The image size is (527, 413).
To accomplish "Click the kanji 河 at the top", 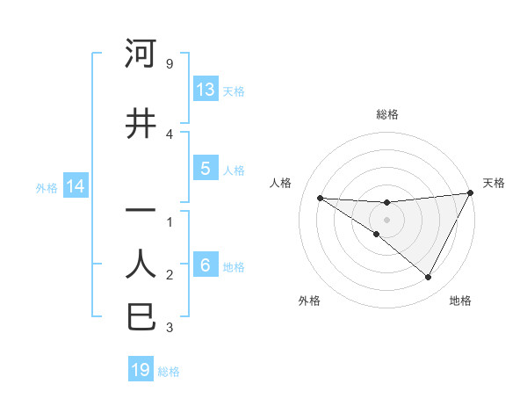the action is pos(141,54).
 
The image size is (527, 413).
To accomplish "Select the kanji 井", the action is pos(141,124).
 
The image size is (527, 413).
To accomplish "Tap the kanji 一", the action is pos(141,212).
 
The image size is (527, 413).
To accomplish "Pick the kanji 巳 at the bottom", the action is pos(141,317).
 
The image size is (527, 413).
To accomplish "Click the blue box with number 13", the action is pos(206,90).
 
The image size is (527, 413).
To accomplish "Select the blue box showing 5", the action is pos(206,169).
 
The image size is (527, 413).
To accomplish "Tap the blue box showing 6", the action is pos(206,265).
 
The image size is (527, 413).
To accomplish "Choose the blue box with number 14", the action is pos(75,186).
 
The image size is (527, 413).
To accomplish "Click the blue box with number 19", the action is pos(141,370).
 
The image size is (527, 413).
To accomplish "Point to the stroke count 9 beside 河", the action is pos(169,64).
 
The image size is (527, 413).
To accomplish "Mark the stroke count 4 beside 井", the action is pos(169,134).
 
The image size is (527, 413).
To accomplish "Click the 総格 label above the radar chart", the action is pos(386,114).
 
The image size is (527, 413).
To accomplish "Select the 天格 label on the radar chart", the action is pos(494,183).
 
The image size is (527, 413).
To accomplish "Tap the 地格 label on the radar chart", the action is pos(460,301).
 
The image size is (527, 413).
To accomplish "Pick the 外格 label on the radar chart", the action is pos(308,301).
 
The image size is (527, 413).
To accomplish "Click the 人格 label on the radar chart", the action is pos(280,183).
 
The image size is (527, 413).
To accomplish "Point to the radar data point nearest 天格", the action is pos(471,193).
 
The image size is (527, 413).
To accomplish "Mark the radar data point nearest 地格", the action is pos(429,278).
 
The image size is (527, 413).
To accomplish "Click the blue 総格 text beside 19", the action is pos(169,372).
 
